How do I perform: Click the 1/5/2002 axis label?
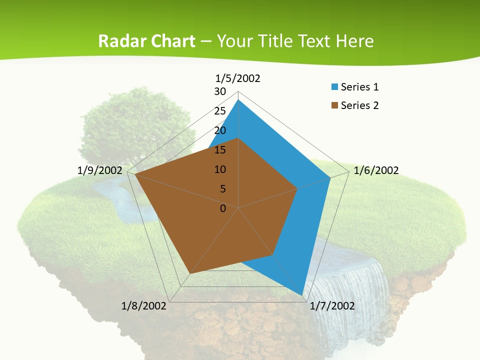click(237, 78)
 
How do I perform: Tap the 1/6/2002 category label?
click(376, 170)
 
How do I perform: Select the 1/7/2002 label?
click(332, 306)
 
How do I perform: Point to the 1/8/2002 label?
click(143, 306)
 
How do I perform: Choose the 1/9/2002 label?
click(100, 170)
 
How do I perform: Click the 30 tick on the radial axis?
click(220, 91)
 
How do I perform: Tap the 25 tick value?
click(220, 111)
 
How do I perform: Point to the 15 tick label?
click(220, 150)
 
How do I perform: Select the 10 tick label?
click(220, 169)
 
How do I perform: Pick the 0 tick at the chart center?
click(223, 208)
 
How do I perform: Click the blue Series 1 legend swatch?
click(334, 87)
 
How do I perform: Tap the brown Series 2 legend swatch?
click(334, 105)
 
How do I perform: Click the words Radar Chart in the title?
click(146, 41)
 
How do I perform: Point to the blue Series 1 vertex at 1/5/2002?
click(238, 100)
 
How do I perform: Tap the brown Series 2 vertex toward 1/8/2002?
click(190, 273)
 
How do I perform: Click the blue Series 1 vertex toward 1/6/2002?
click(330, 177)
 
